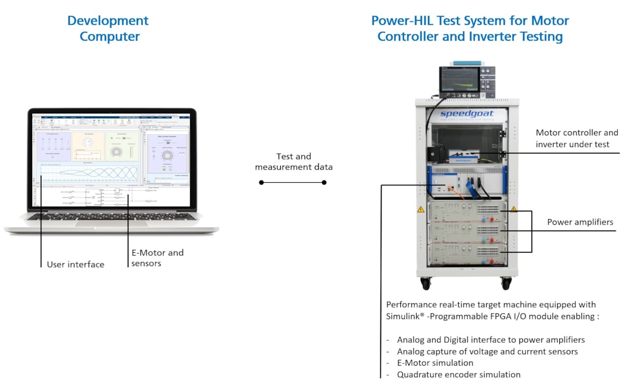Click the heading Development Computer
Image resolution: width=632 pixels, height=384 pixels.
pos(108,28)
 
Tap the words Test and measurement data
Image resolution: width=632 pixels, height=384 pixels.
pos(294,162)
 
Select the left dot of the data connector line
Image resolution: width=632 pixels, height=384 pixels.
pos(261,182)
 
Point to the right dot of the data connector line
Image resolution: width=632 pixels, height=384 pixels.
pos(324,182)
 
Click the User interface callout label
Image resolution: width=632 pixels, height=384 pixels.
pos(75,264)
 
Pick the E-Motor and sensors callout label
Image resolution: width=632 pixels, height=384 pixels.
pos(157,258)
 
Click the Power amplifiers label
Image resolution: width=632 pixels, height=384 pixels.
pos(580,222)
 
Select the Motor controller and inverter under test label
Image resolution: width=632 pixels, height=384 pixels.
pos(577,138)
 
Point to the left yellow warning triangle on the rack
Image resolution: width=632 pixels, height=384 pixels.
pos(421,210)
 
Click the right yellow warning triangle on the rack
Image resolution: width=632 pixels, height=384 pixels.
pos(513,210)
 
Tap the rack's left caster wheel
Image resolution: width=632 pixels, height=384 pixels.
pos(425,283)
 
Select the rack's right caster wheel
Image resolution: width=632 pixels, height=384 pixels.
pos(506,283)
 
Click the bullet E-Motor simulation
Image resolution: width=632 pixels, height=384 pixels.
pos(435,363)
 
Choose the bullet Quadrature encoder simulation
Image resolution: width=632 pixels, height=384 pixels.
pos(459,375)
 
